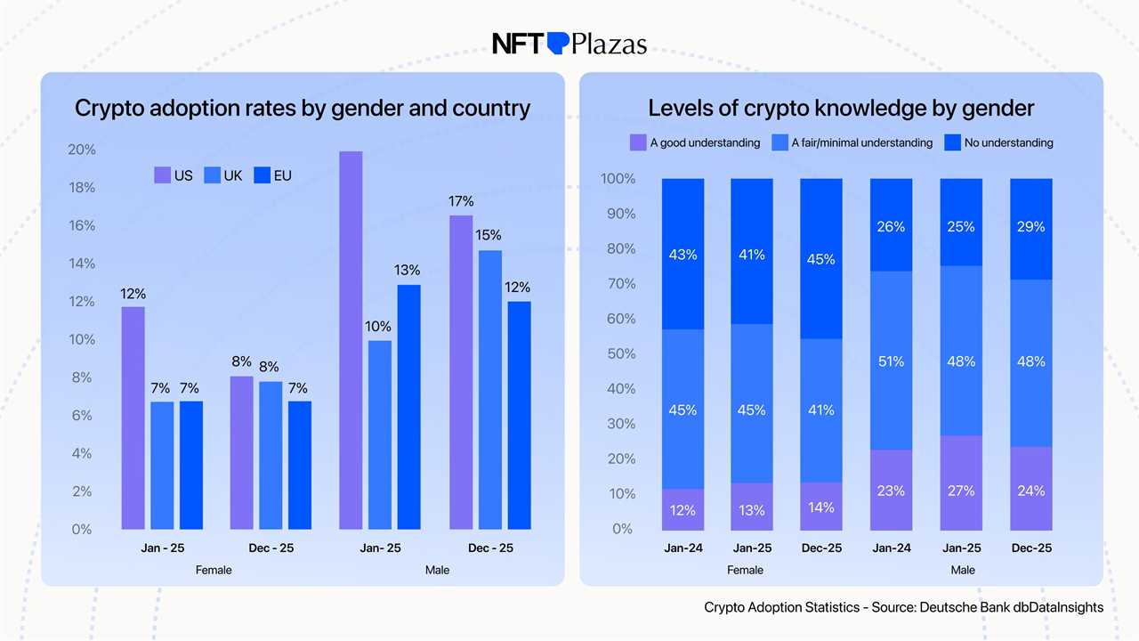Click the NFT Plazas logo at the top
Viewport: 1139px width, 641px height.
pos(569,43)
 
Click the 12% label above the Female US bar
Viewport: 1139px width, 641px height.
pos(133,294)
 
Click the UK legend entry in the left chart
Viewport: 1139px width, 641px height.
pos(223,175)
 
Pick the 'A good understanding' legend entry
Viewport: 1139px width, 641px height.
pos(695,142)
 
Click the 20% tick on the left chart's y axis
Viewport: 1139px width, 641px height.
pos(82,150)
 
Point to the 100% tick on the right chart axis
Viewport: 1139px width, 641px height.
pos(618,179)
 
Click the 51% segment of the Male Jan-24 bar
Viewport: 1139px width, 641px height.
pos(891,361)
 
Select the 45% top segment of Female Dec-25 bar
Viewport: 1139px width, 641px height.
pos(821,259)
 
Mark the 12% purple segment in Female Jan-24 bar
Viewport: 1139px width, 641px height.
pos(683,509)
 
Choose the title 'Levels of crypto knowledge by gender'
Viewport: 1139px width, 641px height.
pos(841,109)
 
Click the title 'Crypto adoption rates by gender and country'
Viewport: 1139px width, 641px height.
pos(303,109)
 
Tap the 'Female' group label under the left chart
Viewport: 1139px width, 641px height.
pos(214,570)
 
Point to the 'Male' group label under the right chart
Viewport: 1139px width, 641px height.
pos(962,570)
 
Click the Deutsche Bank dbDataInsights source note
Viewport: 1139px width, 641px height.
pos(903,607)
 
